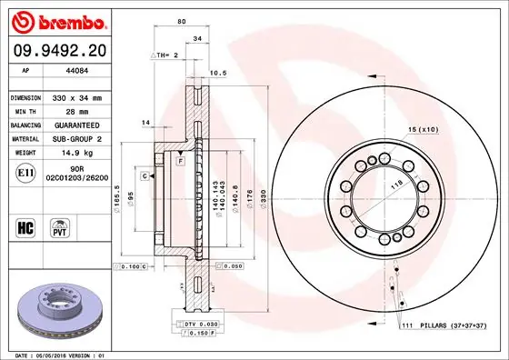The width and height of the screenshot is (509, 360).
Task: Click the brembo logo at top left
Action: click(x=55, y=20)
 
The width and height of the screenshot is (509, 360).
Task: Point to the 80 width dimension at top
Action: click(x=182, y=22)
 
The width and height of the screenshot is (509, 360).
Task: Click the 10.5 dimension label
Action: click(x=218, y=74)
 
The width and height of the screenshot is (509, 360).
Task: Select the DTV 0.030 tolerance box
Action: click(x=195, y=324)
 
